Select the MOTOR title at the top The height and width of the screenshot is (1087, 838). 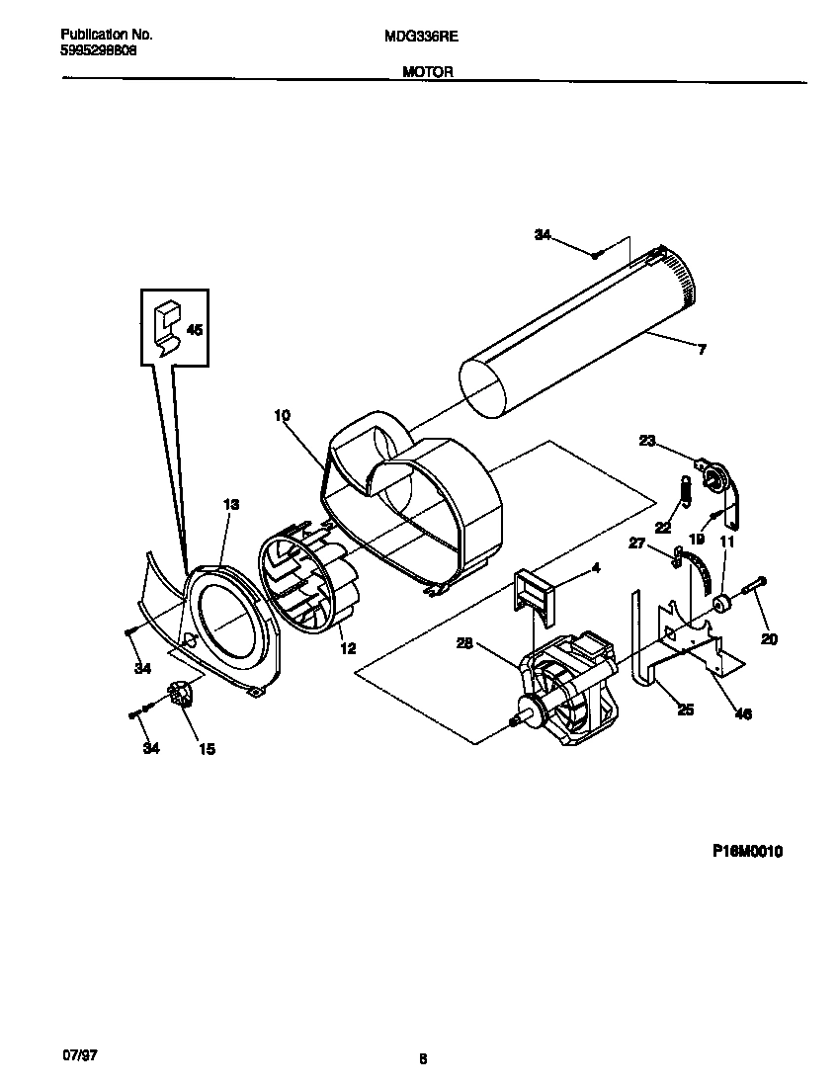[x=428, y=72]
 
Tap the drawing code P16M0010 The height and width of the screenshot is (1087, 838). [x=746, y=852]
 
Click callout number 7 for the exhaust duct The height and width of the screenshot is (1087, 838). [x=702, y=349]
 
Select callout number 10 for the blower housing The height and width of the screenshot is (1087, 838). [x=283, y=416]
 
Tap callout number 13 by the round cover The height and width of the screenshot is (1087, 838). [x=230, y=505]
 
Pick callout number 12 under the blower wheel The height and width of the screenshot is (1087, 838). [x=347, y=648]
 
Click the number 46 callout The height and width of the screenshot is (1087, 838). [x=743, y=713]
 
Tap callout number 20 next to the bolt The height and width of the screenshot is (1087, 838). [x=769, y=639]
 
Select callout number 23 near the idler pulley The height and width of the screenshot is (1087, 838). [x=647, y=442]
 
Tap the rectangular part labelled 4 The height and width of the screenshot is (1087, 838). [x=535, y=592]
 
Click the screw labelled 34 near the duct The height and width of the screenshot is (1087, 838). [x=597, y=255]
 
